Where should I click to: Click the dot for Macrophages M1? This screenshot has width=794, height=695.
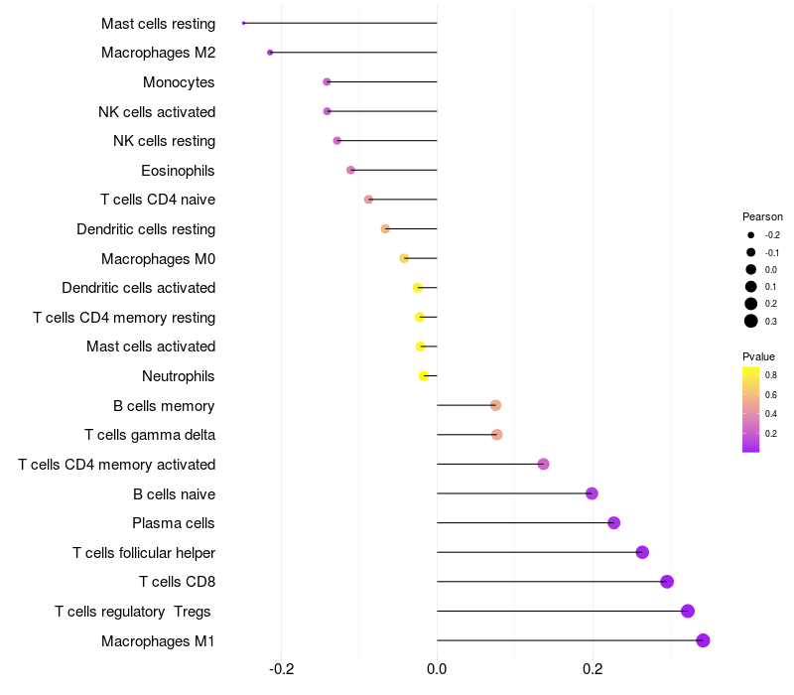point(703,640)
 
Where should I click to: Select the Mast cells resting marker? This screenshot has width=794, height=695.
point(243,23)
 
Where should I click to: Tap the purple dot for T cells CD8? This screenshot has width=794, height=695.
point(667,582)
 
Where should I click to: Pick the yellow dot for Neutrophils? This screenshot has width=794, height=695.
point(424,376)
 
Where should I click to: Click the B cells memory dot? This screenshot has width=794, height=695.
point(495,405)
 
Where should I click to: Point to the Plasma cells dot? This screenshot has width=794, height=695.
point(613,523)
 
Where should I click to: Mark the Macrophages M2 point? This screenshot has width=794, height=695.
point(270,53)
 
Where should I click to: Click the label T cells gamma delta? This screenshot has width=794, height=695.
point(150,435)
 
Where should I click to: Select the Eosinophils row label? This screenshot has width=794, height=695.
point(178,171)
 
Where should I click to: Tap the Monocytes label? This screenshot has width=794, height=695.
point(179,82)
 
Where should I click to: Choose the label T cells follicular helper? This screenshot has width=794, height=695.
point(144,553)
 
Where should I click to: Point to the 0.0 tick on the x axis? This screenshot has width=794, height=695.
point(437,669)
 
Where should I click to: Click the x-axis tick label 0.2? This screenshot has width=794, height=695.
point(593,669)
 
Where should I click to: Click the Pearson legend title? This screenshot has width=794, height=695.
point(762,216)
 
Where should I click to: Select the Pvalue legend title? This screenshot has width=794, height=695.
point(758,356)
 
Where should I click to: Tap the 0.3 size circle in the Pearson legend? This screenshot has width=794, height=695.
point(751,321)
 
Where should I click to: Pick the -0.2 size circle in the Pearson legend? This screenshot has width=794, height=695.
point(751,235)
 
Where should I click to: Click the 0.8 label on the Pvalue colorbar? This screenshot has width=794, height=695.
point(771,375)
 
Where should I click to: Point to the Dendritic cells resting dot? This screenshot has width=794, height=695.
point(385,229)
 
